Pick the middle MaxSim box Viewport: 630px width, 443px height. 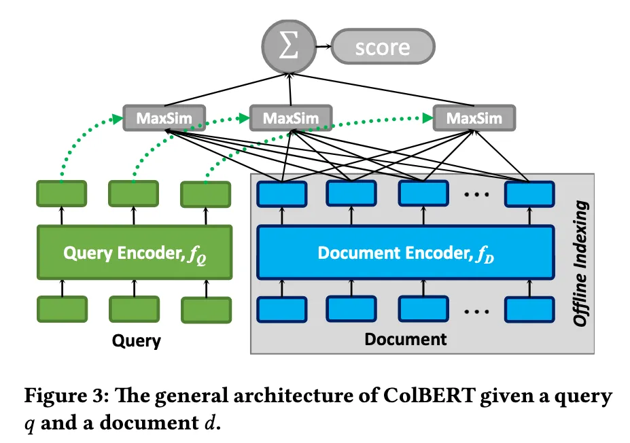[290, 119]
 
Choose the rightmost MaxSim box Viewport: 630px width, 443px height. [474, 119]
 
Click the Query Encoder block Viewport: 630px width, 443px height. [134, 253]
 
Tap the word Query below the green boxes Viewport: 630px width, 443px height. [136, 340]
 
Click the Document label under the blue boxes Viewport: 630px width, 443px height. [406, 338]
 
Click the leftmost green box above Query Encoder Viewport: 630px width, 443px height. [61, 194]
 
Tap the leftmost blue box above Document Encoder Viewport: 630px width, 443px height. [281, 194]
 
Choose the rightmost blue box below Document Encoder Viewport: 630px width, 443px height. [528, 309]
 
